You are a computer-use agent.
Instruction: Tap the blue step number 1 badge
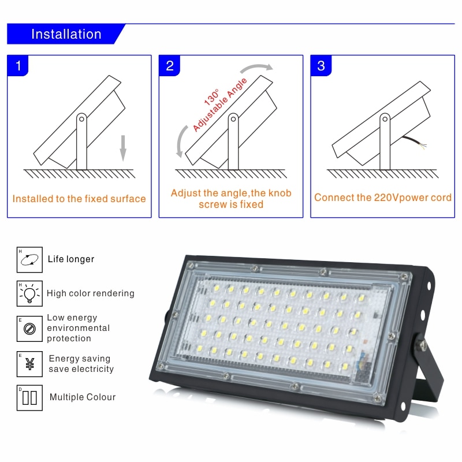(x=18, y=65)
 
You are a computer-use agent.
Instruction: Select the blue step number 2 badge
(x=169, y=65)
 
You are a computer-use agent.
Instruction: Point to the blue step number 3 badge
(x=321, y=65)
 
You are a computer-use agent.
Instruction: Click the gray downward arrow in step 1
(x=123, y=148)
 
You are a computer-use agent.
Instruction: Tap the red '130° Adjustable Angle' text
(x=219, y=105)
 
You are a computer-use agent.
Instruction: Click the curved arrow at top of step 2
(x=256, y=68)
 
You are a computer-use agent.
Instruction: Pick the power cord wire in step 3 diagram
(x=415, y=142)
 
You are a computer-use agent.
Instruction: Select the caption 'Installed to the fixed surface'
(x=79, y=199)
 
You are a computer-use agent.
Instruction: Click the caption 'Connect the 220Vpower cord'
(x=383, y=198)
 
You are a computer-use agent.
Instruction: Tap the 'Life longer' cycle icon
(x=29, y=259)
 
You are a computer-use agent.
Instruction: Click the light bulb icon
(x=29, y=293)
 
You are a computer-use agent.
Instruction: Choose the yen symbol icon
(x=29, y=364)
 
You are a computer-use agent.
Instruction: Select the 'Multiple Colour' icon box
(x=29, y=398)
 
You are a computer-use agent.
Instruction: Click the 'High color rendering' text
(x=91, y=293)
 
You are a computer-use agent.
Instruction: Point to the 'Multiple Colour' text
(x=83, y=397)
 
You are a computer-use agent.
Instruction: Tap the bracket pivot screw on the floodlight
(x=423, y=344)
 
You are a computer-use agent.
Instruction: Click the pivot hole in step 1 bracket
(x=81, y=119)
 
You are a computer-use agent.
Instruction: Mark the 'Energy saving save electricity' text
(x=81, y=364)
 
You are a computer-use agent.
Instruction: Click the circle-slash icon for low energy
(x=29, y=329)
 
